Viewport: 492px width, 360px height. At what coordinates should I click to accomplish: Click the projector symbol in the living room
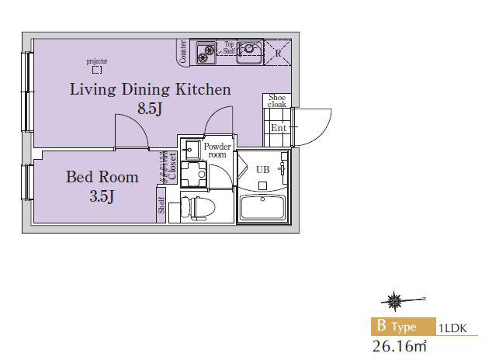97,71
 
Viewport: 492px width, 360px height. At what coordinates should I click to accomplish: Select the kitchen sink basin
249,52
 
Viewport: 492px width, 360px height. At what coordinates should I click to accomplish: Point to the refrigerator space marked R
278,52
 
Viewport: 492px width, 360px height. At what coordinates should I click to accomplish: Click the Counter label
183,52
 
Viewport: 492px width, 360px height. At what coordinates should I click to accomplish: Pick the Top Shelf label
229,47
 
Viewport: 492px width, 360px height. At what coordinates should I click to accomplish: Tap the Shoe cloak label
277,101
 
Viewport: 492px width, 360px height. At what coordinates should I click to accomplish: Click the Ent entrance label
279,128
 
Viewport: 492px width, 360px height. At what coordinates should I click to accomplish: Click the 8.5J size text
150,109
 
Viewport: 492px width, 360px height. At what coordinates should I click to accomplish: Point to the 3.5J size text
102,196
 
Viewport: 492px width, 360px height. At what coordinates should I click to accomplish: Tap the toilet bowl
199,208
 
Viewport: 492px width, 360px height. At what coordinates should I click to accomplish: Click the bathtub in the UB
262,208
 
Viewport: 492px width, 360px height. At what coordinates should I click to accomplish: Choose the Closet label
172,166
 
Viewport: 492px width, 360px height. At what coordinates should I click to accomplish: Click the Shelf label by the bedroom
161,205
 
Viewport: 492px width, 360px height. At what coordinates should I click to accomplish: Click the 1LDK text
452,328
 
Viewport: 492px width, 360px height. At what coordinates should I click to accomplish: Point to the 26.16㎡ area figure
400,346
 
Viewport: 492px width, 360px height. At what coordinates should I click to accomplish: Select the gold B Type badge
404,326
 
